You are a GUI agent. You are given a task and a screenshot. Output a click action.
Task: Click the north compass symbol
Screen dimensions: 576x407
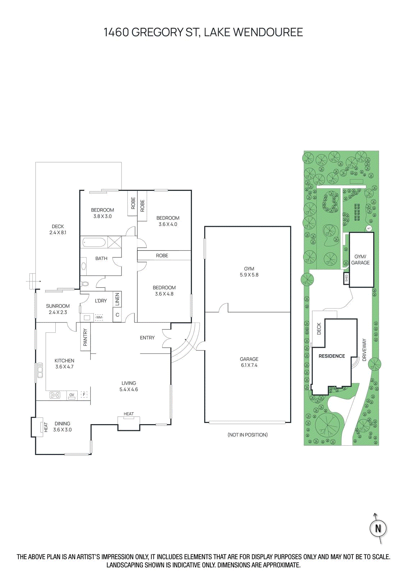coord(378,528)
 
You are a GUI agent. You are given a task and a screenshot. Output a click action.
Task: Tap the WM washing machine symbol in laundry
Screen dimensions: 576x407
coord(99,318)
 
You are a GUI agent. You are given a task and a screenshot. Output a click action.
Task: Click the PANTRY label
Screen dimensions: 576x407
coord(85,337)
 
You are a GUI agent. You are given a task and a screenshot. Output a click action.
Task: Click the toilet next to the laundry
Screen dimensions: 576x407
coord(85,284)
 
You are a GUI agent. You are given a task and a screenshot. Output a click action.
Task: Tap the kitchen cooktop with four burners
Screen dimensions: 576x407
coord(55,395)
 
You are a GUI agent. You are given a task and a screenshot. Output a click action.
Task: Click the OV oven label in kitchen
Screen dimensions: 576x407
coord(72,395)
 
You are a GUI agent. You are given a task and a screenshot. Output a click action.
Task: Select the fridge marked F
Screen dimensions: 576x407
coord(84,395)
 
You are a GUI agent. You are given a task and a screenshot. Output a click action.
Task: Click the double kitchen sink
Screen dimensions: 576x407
coord(40,370)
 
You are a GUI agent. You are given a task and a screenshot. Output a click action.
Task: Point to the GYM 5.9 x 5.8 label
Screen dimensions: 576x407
coord(249,272)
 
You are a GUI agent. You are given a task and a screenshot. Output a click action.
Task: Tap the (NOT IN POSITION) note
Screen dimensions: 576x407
coord(248,435)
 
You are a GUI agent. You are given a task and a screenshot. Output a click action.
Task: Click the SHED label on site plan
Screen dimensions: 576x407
coord(347,278)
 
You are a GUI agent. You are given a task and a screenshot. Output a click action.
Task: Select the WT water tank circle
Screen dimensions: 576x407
coord(369,228)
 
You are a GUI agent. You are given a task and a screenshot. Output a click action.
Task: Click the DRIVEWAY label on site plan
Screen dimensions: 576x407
coord(365,350)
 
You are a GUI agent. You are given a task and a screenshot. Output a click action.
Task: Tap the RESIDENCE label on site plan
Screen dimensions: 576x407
coord(331,356)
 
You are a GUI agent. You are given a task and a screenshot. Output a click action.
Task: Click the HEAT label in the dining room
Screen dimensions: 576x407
coord(46,427)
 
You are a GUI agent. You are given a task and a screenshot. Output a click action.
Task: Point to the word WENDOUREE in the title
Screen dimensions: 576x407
coord(268,32)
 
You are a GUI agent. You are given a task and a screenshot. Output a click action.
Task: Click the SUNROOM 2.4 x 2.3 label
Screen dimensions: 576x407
coord(58,309)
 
